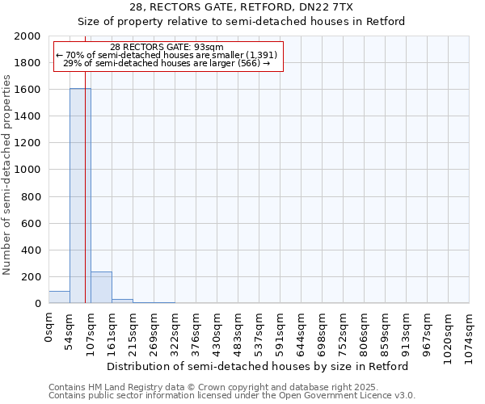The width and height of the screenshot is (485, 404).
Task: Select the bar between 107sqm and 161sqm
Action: pyautogui.click(x=101, y=288)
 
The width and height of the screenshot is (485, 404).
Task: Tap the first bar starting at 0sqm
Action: pyautogui.click(x=59, y=297)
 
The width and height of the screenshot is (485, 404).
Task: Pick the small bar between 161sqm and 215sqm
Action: pyautogui.click(x=122, y=301)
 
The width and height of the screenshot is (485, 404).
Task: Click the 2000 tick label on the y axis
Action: pyautogui.click(x=27, y=36)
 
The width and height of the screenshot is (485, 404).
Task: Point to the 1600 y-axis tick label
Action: pyautogui.click(x=27, y=90)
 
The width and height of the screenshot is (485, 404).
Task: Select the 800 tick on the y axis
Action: pyautogui.click(x=31, y=196)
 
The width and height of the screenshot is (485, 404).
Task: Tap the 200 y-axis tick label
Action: pyautogui.click(x=31, y=277)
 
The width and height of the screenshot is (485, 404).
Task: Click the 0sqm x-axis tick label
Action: pyautogui.click(x=49, y=328)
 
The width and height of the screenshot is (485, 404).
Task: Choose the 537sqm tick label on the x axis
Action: pyautogui.click(x=259, y=332)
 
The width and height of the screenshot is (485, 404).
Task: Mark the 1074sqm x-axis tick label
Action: pyautogui.click(x=470, y=335)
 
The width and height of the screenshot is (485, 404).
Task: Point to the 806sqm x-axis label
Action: pyautogui.click(x=365, y=332)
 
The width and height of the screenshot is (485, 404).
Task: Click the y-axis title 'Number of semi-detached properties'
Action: pyautogui.click(x=7, y=175)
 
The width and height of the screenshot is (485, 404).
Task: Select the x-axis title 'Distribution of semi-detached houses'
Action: pyautogui.click(x=258, y=366)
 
